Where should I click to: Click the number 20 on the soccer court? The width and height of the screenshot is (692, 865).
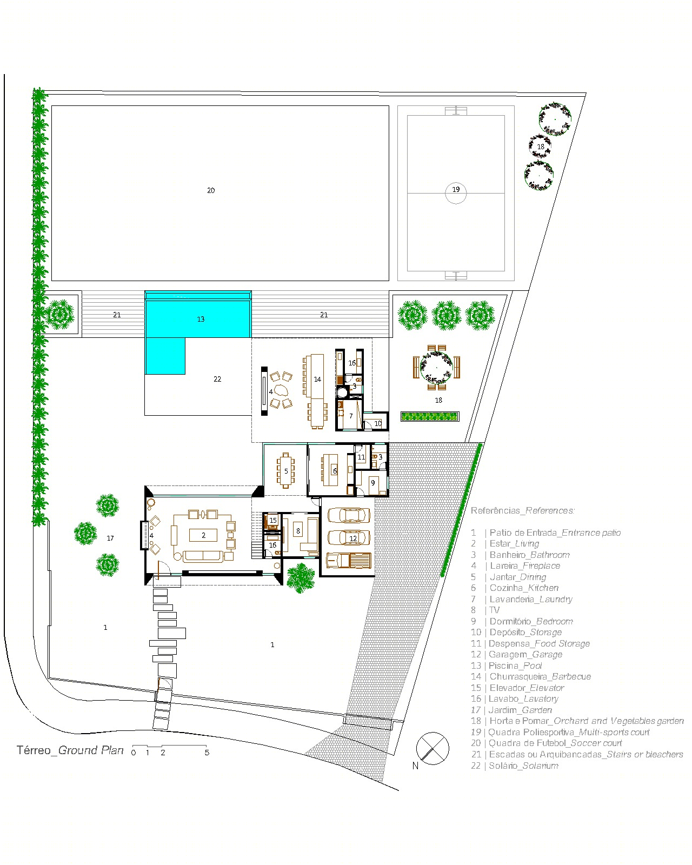(x=211, y=190)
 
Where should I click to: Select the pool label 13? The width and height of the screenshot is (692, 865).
(x=201, y=319)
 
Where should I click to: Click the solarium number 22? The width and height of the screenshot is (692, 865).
(x=217, y=379)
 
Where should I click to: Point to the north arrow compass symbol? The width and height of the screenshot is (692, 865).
(x=432, y=748)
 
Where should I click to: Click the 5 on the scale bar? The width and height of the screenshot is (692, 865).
(x=207, y=753)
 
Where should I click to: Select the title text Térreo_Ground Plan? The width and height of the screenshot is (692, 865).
(x=70, y=750)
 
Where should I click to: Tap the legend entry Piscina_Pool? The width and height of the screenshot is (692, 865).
(x=515, y=666)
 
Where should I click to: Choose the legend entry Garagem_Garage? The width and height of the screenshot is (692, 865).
(x=525, y=654)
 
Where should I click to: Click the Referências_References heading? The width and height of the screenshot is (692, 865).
(x=523, y=510)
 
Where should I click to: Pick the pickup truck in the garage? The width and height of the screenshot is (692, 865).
(x=348, y=560)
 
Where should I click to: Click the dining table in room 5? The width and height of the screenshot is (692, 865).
(x=285, y=471)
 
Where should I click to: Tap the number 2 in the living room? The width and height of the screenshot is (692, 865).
(x=203, y=535)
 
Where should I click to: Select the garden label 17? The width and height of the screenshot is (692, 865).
(x=110, y=538)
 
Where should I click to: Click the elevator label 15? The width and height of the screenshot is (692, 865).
(x=273, y=521)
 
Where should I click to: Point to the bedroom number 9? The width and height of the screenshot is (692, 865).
(x=372, y=483)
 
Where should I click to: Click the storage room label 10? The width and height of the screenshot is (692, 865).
(x=378, y=424)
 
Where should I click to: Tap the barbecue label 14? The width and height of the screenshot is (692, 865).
(x=317, y=380)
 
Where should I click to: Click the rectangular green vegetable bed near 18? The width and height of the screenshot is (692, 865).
(x=430, y=416)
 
